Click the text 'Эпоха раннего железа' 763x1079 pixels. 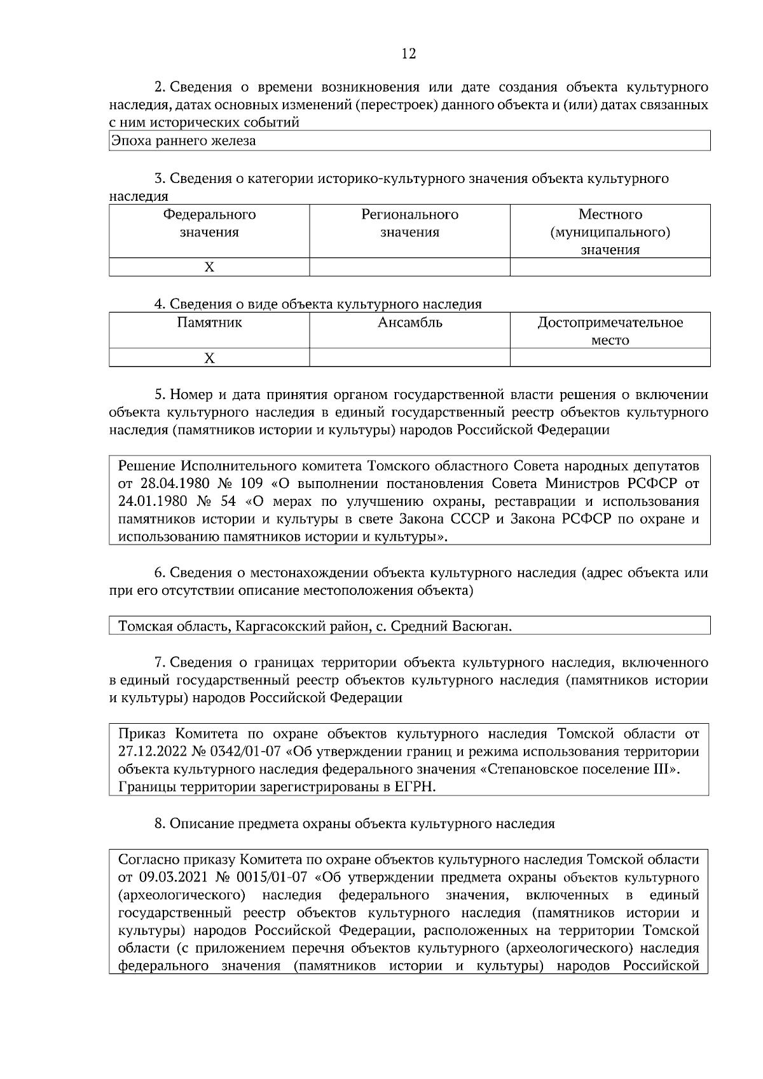[x=183, y=141]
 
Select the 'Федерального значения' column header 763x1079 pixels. [x=209, y=223]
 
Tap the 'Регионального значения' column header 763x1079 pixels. [x=409, y=223]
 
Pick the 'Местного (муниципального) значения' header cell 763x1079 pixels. [x=610, y=232]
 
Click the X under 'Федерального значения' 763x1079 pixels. [x=209, y=268]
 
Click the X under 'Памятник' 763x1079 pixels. [x=209, y=358]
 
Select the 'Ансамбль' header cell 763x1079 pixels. [x=409, y=323]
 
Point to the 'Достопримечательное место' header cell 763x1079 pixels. [x=610, y=331]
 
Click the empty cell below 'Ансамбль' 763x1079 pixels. [x=409, y=358]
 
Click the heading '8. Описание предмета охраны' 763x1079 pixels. [x=354, y=824]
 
